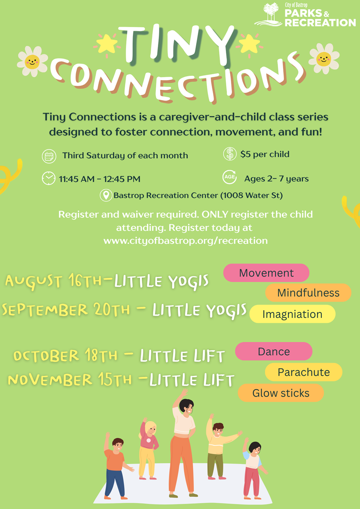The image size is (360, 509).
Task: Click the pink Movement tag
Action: pyautogui.click(x=266, y=273)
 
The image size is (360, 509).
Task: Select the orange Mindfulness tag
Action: pyautogui.click(x=308, y=293)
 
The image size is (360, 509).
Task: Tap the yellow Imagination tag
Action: pyautogui.click(x=292, y=314)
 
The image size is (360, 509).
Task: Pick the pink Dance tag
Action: pyautogui.click(x=273, y=351)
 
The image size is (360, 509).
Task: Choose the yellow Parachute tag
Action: pyautogui.click(x=304, y=372)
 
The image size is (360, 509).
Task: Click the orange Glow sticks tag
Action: pyautogui.click(x=281, y=393)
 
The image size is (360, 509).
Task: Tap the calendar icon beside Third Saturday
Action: pyautogui.click(x=49, y=157)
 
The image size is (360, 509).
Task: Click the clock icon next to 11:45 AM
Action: pyautogui.click(x=49, y=179)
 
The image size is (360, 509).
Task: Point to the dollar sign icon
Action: pyautogui.click(x=230, y=154)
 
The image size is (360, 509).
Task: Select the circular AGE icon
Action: pyautogui.click(x=230, y=177)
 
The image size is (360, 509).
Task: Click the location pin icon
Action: pyautogui.click(x=106, y=195)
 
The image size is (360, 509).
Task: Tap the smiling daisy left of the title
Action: pyautogui.click(x=32, y=62)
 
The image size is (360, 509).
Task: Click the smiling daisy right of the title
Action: pyautogui.click(x=324, y=59)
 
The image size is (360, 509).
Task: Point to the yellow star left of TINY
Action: pyautogui.click(x=107, y=44)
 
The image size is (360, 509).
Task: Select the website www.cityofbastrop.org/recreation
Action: pyautogui.click(x=186, y=241)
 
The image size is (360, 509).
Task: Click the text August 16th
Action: pyautogui.click(x=53, y=281)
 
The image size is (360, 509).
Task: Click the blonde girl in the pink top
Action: pyautogui.click(x=148, y=449)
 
